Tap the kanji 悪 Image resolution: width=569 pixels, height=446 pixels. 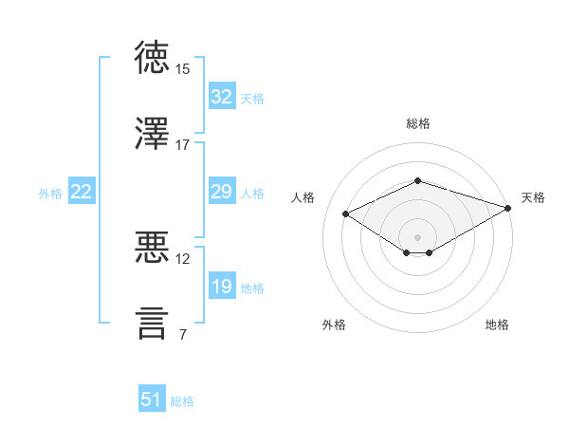click(153, 248)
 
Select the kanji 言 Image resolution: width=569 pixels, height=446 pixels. click(153, 323)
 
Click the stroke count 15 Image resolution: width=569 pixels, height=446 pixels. click(183, 69)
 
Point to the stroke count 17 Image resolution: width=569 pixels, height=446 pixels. click(183, 145)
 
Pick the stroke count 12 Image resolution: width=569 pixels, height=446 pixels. click(183, 258)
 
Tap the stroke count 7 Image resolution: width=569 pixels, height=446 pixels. click(182, 334)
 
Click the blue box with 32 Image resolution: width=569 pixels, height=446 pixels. click(222, 97)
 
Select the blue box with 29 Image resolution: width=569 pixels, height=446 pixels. click(222, 192)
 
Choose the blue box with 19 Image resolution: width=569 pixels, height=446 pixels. click(222, 287)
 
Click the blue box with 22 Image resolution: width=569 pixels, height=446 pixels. click(82, 192)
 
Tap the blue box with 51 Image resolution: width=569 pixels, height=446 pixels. click(152, 400)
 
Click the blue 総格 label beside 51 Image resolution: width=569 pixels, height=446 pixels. click(182, 401)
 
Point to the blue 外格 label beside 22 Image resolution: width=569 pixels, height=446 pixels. click(50, 194)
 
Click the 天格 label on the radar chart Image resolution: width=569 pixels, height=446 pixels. click(533, 197)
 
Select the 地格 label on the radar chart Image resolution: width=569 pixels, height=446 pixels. click(497, 325)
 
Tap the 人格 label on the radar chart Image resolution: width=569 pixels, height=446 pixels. click(303, 197)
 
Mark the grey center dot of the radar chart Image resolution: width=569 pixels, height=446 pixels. click(417, 236)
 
